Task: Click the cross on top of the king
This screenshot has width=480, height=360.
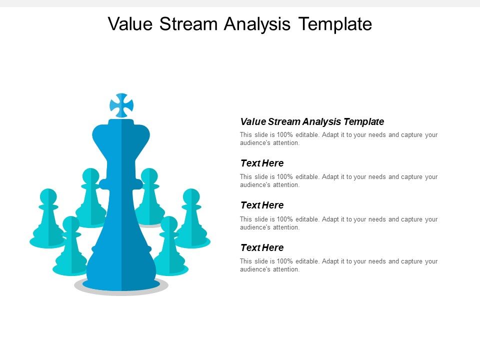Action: (x=121, y=105)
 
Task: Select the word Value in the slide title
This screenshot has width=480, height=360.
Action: (x=131, y=23)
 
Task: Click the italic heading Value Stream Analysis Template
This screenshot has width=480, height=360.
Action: (x=312, y=121)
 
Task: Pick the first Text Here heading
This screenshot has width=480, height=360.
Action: (x=262, y=163)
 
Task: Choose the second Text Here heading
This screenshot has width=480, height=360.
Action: (x=262, y=205)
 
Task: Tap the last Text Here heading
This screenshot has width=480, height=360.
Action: (x=262, y=248)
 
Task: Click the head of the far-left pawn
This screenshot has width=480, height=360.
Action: (x=48, y=196)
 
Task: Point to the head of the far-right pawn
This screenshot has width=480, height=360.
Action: (x=191, y=196)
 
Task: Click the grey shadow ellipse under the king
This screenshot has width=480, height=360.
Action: (x=121, y=292)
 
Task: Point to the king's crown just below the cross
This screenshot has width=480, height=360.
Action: (x=121, y=131)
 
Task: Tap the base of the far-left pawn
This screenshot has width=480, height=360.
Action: (x=47, y=242)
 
